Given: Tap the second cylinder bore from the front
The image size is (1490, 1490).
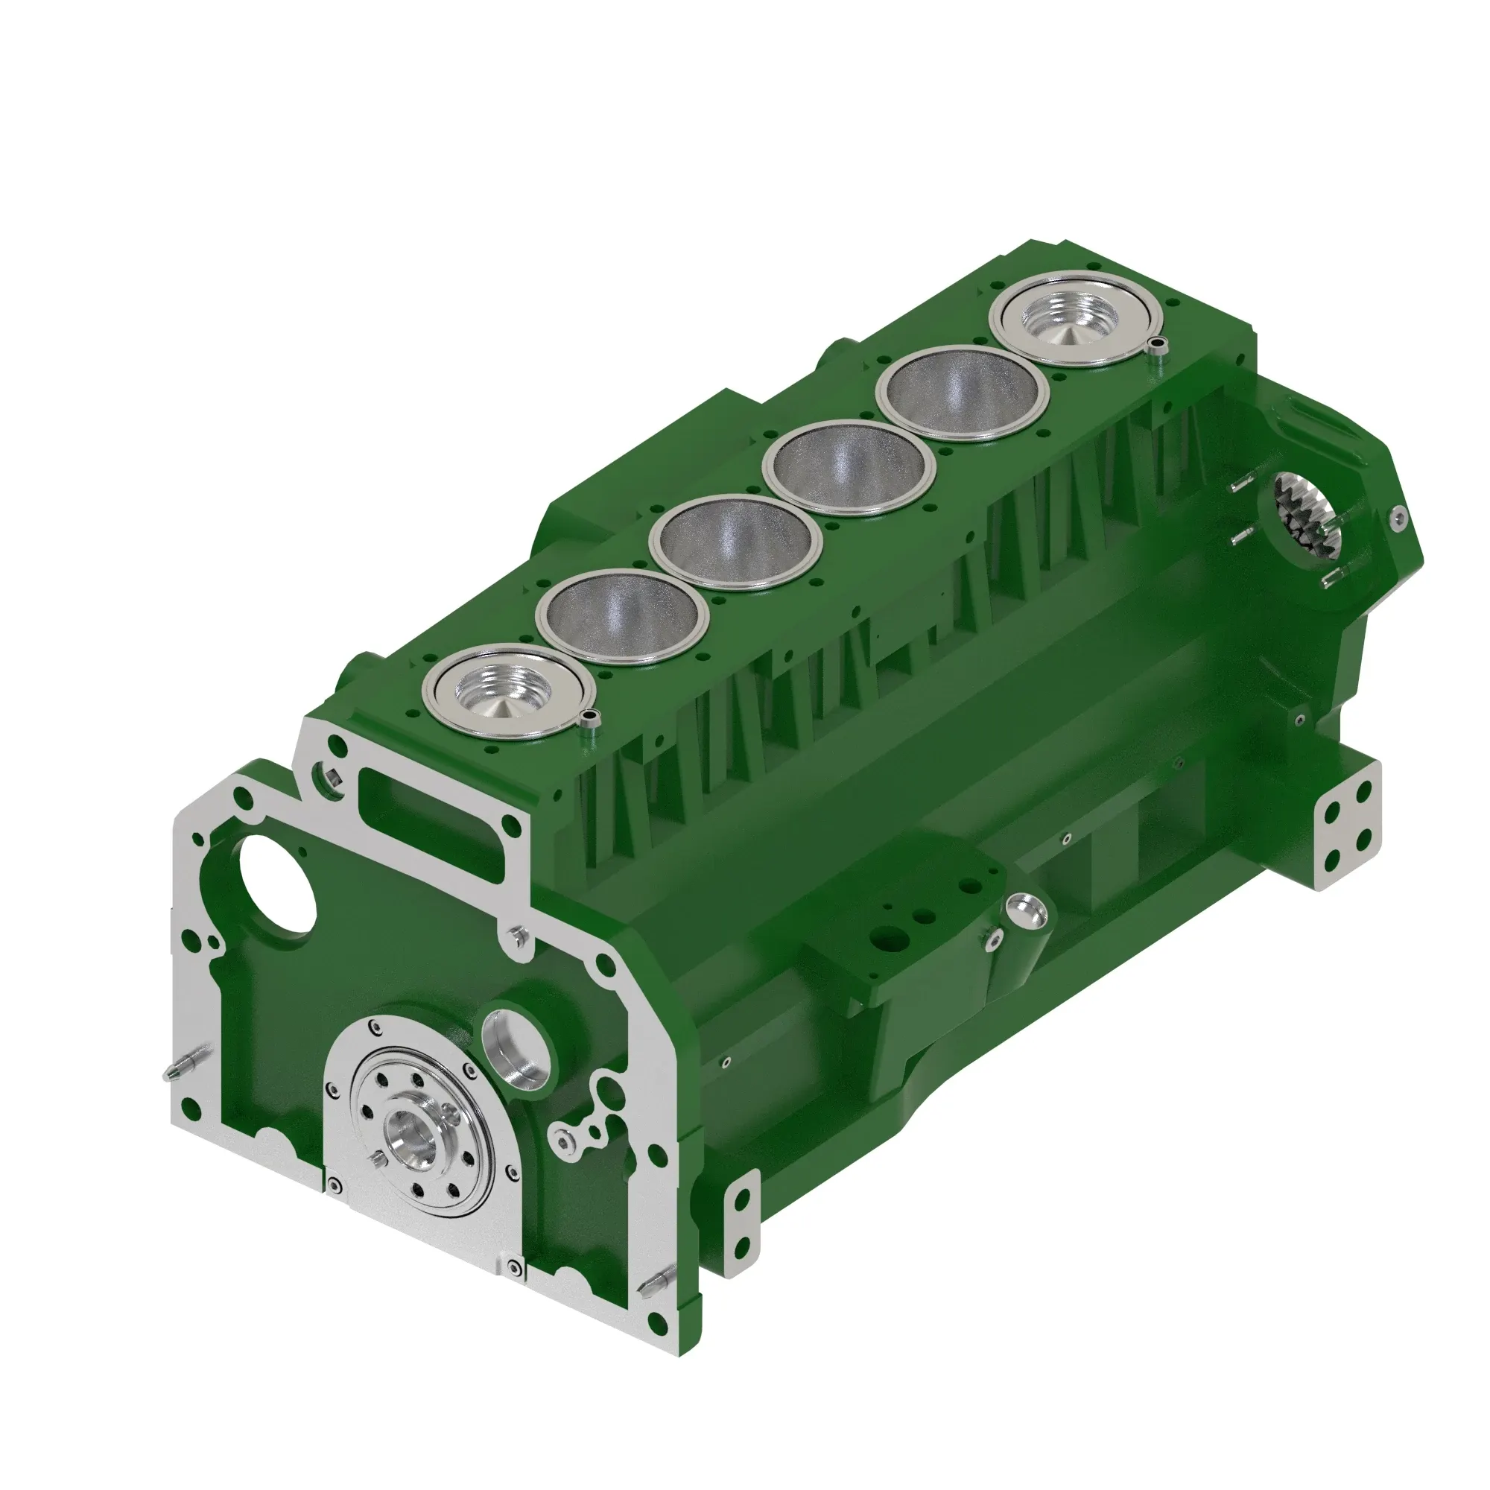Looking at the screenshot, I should click(x=622, y=617).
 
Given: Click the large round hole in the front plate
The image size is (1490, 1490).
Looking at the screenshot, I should click(x=277, y=882).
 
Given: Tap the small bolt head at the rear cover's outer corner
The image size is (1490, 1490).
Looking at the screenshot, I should click(x=1397, y=519).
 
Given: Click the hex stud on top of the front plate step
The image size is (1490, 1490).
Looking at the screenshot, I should click(x=518, y=936).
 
